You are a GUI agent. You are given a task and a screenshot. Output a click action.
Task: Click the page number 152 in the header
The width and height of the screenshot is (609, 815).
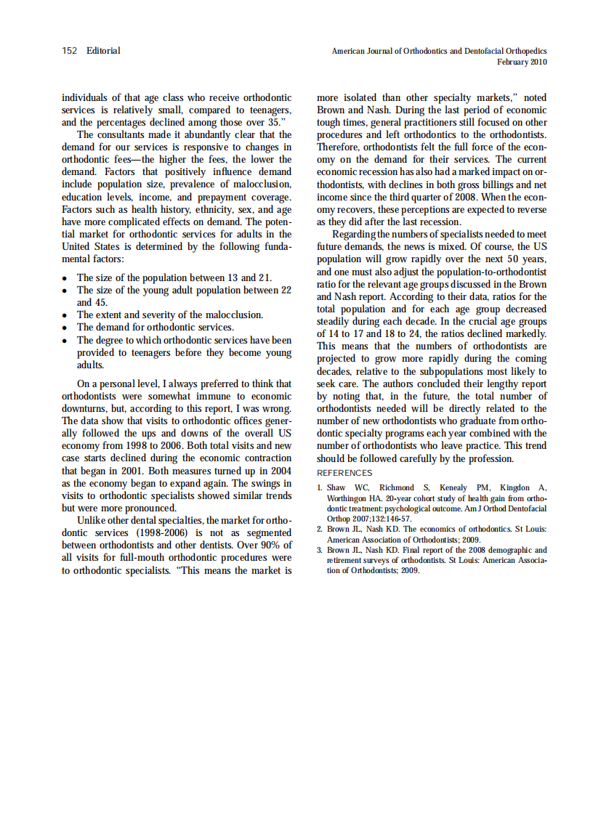click(x=70, y=51)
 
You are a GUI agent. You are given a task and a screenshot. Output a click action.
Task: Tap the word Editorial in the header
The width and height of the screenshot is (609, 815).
click(x=103, y=51)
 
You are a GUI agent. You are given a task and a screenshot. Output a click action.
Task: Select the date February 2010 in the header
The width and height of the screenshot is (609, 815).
click(x=522, y=62)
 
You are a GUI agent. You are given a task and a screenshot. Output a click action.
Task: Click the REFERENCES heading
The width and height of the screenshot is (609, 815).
click(x=344, y=473)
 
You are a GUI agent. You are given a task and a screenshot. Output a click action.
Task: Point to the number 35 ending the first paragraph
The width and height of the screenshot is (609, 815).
click(x=273, y=122)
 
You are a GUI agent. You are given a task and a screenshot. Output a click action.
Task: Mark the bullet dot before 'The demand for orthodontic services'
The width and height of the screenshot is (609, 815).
click(x=65, y=328)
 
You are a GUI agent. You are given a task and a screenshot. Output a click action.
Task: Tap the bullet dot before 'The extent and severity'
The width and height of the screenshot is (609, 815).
click(x=65, y=316)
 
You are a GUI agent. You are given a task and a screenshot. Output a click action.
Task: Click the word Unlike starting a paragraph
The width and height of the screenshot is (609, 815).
click(x=92, y=520)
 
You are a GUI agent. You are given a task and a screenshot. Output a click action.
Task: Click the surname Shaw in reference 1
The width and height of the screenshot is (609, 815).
click(x=336, y=487)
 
